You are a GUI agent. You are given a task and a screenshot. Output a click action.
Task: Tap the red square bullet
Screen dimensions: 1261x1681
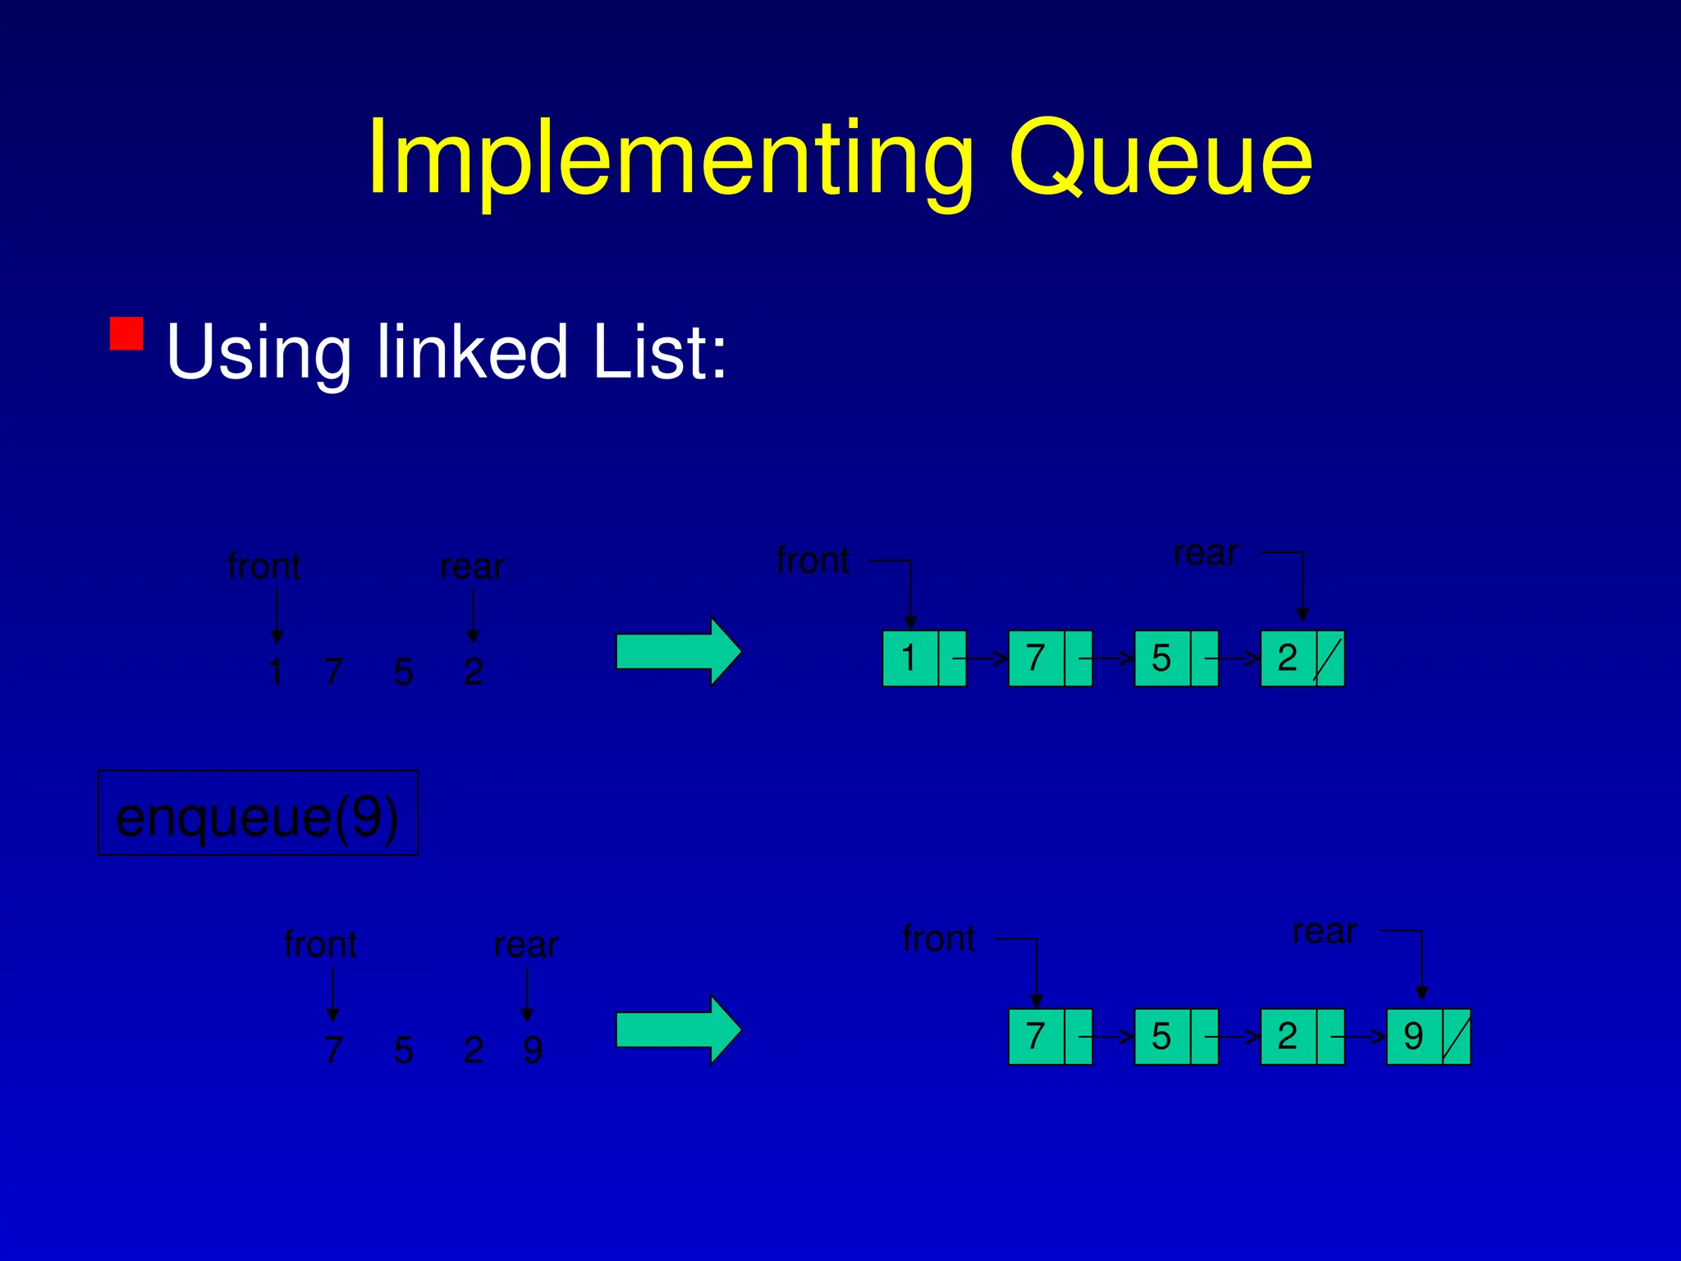click(x=126, y=333)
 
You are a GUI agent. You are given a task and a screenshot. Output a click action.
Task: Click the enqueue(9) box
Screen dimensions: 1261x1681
click(x=258, y=814)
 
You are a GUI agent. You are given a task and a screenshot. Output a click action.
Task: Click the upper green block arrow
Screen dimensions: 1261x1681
click(x=678, y=652)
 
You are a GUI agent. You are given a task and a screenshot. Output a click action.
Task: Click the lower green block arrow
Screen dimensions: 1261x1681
click(x=678, y=1029)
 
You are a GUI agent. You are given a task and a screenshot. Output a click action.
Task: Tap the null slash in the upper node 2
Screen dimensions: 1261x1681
click(x=1328, y=658)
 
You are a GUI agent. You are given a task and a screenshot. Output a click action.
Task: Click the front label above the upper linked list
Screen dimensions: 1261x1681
click(x=813, y=561)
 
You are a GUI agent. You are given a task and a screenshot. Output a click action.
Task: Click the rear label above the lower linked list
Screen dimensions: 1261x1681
click(x=1324, y=931)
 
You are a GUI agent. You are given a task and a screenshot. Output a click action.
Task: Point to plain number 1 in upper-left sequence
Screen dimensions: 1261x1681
click(x=276, y=672)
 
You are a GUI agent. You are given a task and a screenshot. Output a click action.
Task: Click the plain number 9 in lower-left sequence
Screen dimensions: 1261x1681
click(x=533, y=1050)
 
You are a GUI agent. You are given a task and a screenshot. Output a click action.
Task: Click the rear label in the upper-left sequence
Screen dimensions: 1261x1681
click(x=472, y=566)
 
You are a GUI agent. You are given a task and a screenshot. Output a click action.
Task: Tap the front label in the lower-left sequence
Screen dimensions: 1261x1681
click(x=320, y=944)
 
